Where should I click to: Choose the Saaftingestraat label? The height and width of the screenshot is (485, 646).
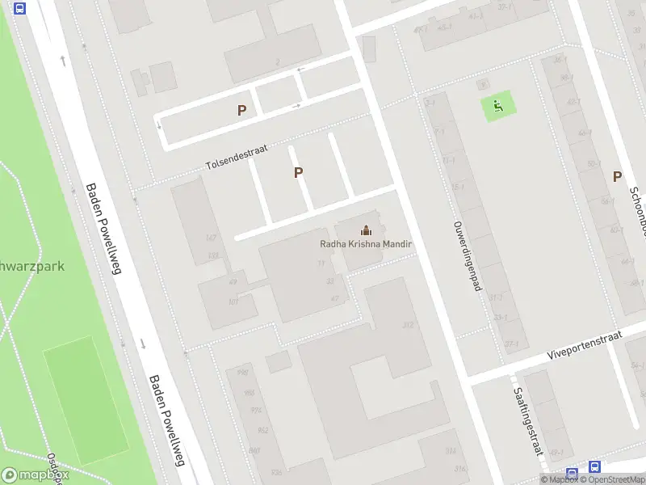[x=526, y=421]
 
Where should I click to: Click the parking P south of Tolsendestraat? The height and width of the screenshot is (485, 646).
[x=299, y=172]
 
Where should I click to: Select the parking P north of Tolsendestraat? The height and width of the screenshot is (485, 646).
[x=241, y=111]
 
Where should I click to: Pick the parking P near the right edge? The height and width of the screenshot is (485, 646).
[x=618, y=176]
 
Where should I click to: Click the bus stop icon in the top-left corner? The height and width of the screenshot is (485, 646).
[x=20, y=9]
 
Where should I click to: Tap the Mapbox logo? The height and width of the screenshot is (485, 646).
[x=35, y=475]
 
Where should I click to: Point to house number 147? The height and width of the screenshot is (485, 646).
[x=212, y=237]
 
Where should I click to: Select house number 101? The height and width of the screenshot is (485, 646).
[x=233, y=302]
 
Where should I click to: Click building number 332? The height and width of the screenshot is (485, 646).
[x=409, y=325]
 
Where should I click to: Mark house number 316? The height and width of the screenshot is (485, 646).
[x=460, y=469]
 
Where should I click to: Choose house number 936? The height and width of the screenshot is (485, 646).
[x=277, y=471]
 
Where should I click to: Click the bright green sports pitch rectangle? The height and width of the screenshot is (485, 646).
[x=85, y=400]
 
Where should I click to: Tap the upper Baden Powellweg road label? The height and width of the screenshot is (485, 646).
[x=103, y=229]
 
